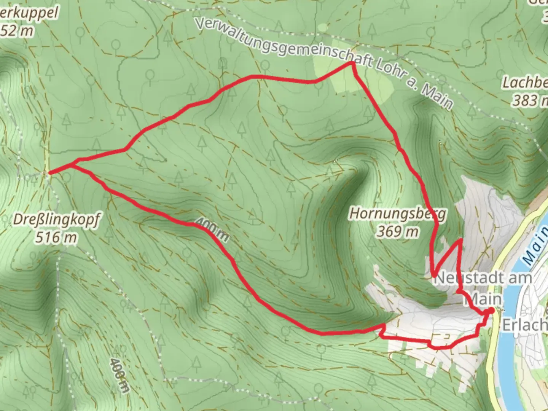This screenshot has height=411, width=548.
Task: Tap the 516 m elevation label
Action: pos(56,238)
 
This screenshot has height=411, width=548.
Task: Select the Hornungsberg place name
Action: pos(397,214)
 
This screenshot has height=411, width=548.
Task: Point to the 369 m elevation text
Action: pos(397,231)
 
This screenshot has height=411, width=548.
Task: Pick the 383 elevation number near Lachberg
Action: pos(523,100)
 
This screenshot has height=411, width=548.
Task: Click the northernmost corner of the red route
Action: pos(353,64)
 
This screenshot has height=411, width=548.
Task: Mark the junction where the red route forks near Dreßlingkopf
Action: pos(72,164)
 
